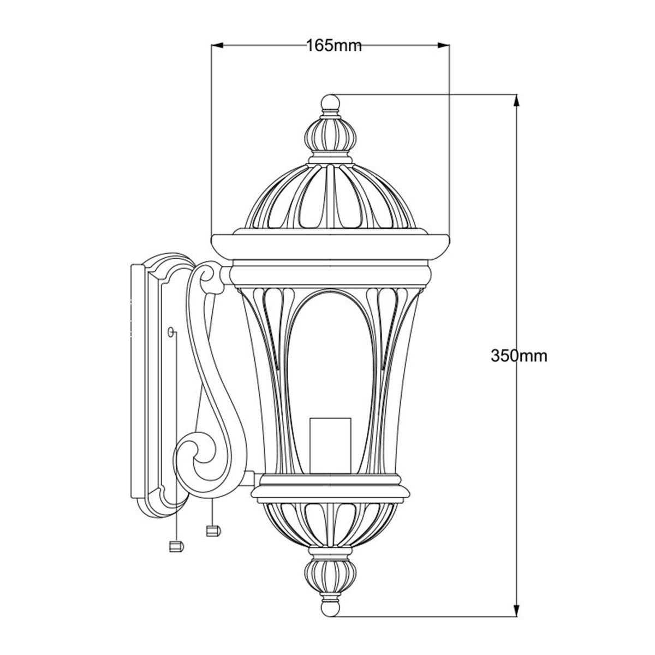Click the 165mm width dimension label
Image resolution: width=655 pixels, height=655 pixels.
pos(334,46)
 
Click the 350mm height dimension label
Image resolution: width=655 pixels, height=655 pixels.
pos(519,356)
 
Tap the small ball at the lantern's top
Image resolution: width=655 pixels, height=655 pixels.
pos(330,102)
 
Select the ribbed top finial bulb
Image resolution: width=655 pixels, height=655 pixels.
pos(330,135)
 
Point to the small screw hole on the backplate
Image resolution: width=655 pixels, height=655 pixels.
pos(171,331)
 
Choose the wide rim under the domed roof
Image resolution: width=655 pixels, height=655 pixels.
pos(330,247)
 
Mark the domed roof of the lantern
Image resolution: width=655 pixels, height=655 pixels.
pos(330,196)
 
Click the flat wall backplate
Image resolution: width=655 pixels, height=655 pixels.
pos(139,382)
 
